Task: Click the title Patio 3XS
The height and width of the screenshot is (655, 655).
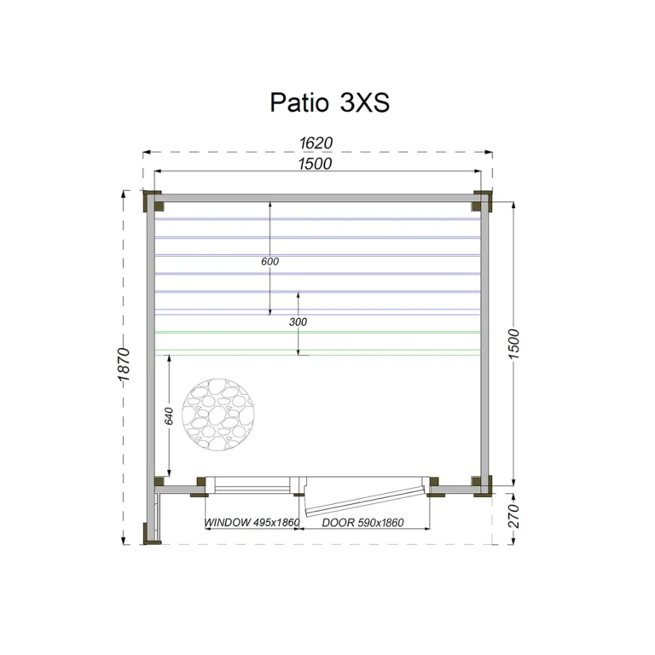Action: coord(329,102)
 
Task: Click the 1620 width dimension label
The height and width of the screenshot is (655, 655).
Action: coord(316,143)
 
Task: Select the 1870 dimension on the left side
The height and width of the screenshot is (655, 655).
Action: coord(125,364)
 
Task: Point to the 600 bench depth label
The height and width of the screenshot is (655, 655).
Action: coord(270,262)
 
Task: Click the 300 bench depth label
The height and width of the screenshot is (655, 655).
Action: coord(298,322)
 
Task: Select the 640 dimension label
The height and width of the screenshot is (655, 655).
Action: coord(169,416)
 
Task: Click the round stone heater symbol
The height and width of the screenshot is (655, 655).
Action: coord(217,414)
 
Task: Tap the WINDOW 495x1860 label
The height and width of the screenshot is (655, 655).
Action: coord(252,522)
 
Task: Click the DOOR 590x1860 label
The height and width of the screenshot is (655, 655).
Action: coord(362,523)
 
